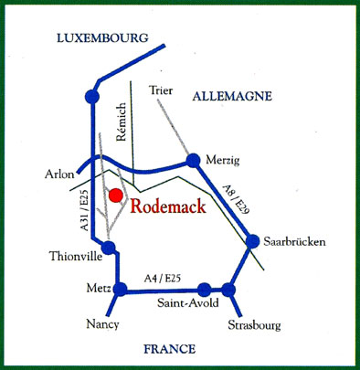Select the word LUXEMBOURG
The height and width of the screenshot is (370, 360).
click(101, 38)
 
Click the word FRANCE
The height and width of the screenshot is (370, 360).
click(169, 348)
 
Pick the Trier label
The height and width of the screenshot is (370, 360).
click(160, 90)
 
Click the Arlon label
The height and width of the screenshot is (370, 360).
click(59, 174)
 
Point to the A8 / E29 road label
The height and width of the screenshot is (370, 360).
click(234, 200)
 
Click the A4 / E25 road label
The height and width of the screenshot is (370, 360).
click(163, 279)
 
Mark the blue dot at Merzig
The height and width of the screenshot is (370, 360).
click(193, 160)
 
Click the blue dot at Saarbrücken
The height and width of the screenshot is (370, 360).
click(253, 241)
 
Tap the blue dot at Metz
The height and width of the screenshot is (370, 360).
click(119, 290)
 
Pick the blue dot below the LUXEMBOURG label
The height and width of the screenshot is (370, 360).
click(90, 95)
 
